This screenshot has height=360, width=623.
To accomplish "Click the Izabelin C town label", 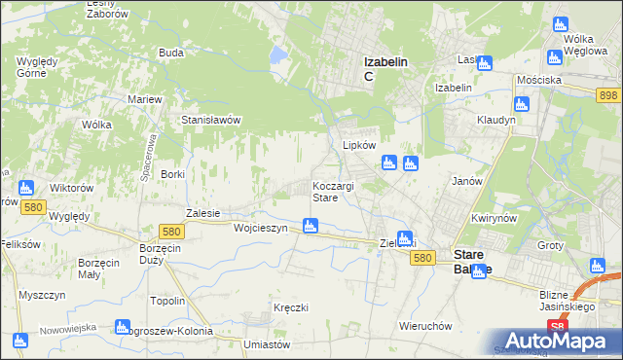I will (385, 68).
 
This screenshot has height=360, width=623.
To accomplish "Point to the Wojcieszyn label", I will (260, 228).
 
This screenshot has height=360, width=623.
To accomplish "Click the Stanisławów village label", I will (211, 120).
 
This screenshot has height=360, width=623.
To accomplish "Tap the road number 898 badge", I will (609, 93).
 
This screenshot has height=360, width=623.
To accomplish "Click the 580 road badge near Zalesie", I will (172, 232).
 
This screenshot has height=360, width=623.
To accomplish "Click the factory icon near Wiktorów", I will (26, 188).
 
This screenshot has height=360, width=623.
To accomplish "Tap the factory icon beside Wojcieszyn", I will (310, 227).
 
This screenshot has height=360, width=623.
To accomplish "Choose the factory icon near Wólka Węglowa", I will (559, 24).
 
